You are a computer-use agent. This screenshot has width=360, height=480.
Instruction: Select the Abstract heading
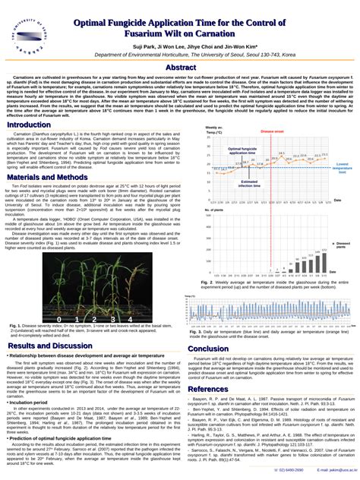click(180, 68)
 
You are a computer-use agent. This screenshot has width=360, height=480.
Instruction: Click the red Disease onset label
click(272, 131)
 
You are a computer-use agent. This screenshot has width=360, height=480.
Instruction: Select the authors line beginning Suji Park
click(179, 47)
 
